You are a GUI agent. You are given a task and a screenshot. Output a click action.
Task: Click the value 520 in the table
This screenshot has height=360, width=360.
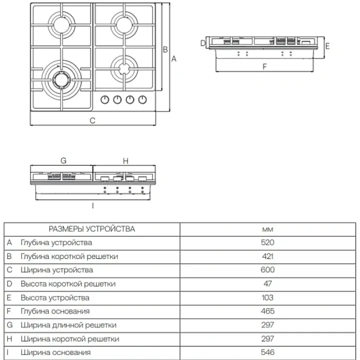point(267,242)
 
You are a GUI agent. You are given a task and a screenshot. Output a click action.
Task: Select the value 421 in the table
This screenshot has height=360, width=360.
point(267,256)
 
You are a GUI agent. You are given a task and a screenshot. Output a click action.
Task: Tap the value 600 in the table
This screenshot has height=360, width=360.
point(267,270)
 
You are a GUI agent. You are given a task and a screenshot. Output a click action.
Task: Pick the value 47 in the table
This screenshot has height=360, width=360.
point(267,284)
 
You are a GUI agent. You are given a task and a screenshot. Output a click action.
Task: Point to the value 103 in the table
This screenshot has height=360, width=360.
point(267,297)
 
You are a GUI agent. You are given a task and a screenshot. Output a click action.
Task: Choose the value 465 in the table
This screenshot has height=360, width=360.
point(267,311)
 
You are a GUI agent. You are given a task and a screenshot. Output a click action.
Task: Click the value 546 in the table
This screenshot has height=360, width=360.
point(267,353)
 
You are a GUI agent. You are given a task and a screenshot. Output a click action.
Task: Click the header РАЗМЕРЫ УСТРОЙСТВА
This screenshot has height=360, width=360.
point(91,229)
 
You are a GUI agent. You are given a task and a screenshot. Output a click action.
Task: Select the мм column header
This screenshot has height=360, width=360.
point(267,229)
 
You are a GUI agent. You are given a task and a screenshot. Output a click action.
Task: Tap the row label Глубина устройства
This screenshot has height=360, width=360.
point(56,242)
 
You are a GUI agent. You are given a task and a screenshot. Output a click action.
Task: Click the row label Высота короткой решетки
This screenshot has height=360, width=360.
point(68,284)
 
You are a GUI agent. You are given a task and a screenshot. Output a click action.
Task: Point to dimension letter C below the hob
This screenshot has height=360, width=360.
point(92,120)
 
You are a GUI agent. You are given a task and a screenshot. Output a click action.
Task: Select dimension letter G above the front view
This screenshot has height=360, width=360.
point(63,161)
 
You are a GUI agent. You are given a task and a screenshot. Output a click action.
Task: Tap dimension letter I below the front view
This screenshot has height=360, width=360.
point(92,205)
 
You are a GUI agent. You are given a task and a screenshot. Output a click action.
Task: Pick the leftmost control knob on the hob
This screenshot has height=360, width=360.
point(105,99)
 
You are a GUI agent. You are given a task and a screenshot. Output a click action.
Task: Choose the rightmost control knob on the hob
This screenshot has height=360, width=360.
point(142,99)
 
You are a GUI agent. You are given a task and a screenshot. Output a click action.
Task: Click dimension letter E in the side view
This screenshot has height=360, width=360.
point(327,46)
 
